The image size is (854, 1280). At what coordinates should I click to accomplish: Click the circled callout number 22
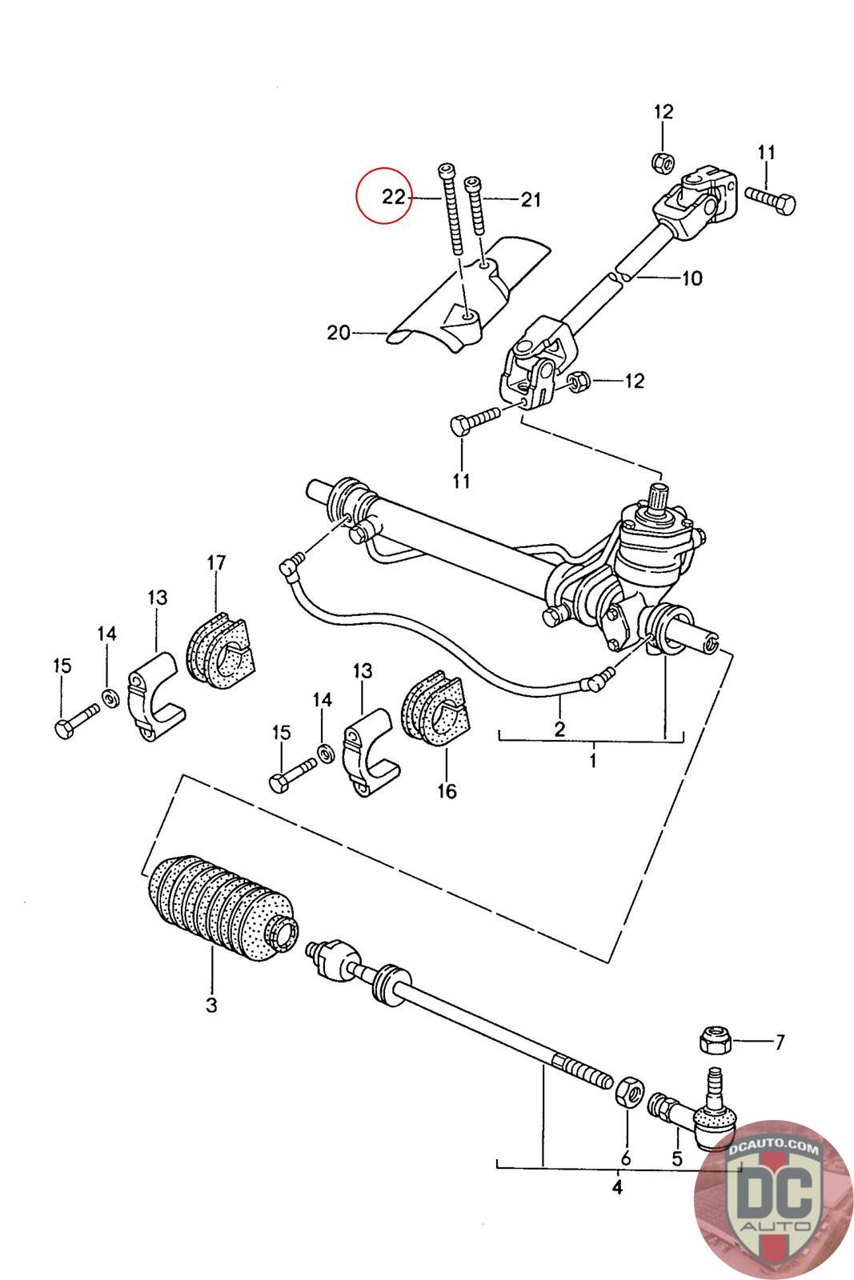(x=393, y=197)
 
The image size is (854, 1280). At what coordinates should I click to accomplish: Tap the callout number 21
(x=531, y=199)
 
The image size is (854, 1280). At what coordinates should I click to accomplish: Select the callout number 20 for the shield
(x=339, y=332)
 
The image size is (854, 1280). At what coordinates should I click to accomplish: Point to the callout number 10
(x=692, y=278)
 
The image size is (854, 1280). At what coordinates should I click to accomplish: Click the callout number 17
(x=216, y=563)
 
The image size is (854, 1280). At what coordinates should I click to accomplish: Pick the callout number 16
(x=447, y=791)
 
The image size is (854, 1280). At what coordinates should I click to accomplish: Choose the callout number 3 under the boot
(x=211, y=1005)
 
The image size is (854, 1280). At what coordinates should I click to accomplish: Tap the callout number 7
(x=780, y=1042)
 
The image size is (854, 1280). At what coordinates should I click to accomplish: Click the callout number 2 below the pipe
(x=559, y=729)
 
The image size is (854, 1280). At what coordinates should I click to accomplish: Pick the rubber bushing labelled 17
(x=219, y=650)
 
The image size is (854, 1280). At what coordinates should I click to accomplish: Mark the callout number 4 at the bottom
(x=617, y=1187)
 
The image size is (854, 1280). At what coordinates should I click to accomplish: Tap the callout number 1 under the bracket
(x=593, y=761)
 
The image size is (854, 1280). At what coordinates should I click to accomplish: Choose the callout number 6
(x=625, y=1158)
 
